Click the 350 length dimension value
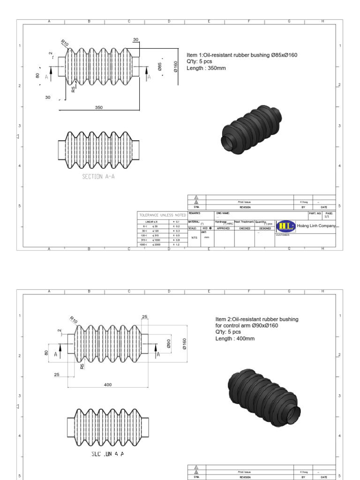tap(99, 107)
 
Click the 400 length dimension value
tap(108, 384)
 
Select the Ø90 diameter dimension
tap(168, 344)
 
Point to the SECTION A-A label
tap(98, 177)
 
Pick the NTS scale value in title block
tap(194, 238)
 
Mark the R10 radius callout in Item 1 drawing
tap(65, 44)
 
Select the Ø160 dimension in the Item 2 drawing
tap(184, 344)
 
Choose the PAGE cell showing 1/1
tap(327, 215)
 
